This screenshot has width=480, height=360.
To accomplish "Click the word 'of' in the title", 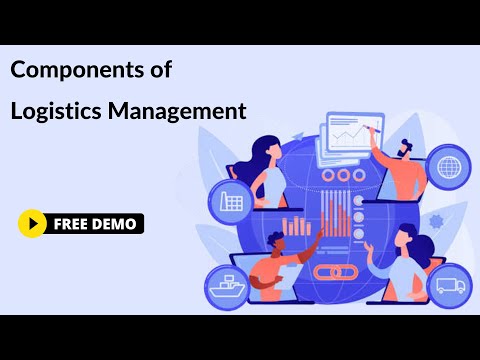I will tap(161, 71).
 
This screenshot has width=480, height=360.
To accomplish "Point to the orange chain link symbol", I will tap(330, 271).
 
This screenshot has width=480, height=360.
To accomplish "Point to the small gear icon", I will tap(435, 219).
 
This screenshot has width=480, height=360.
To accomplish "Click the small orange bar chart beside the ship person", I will tap(296, 225).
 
